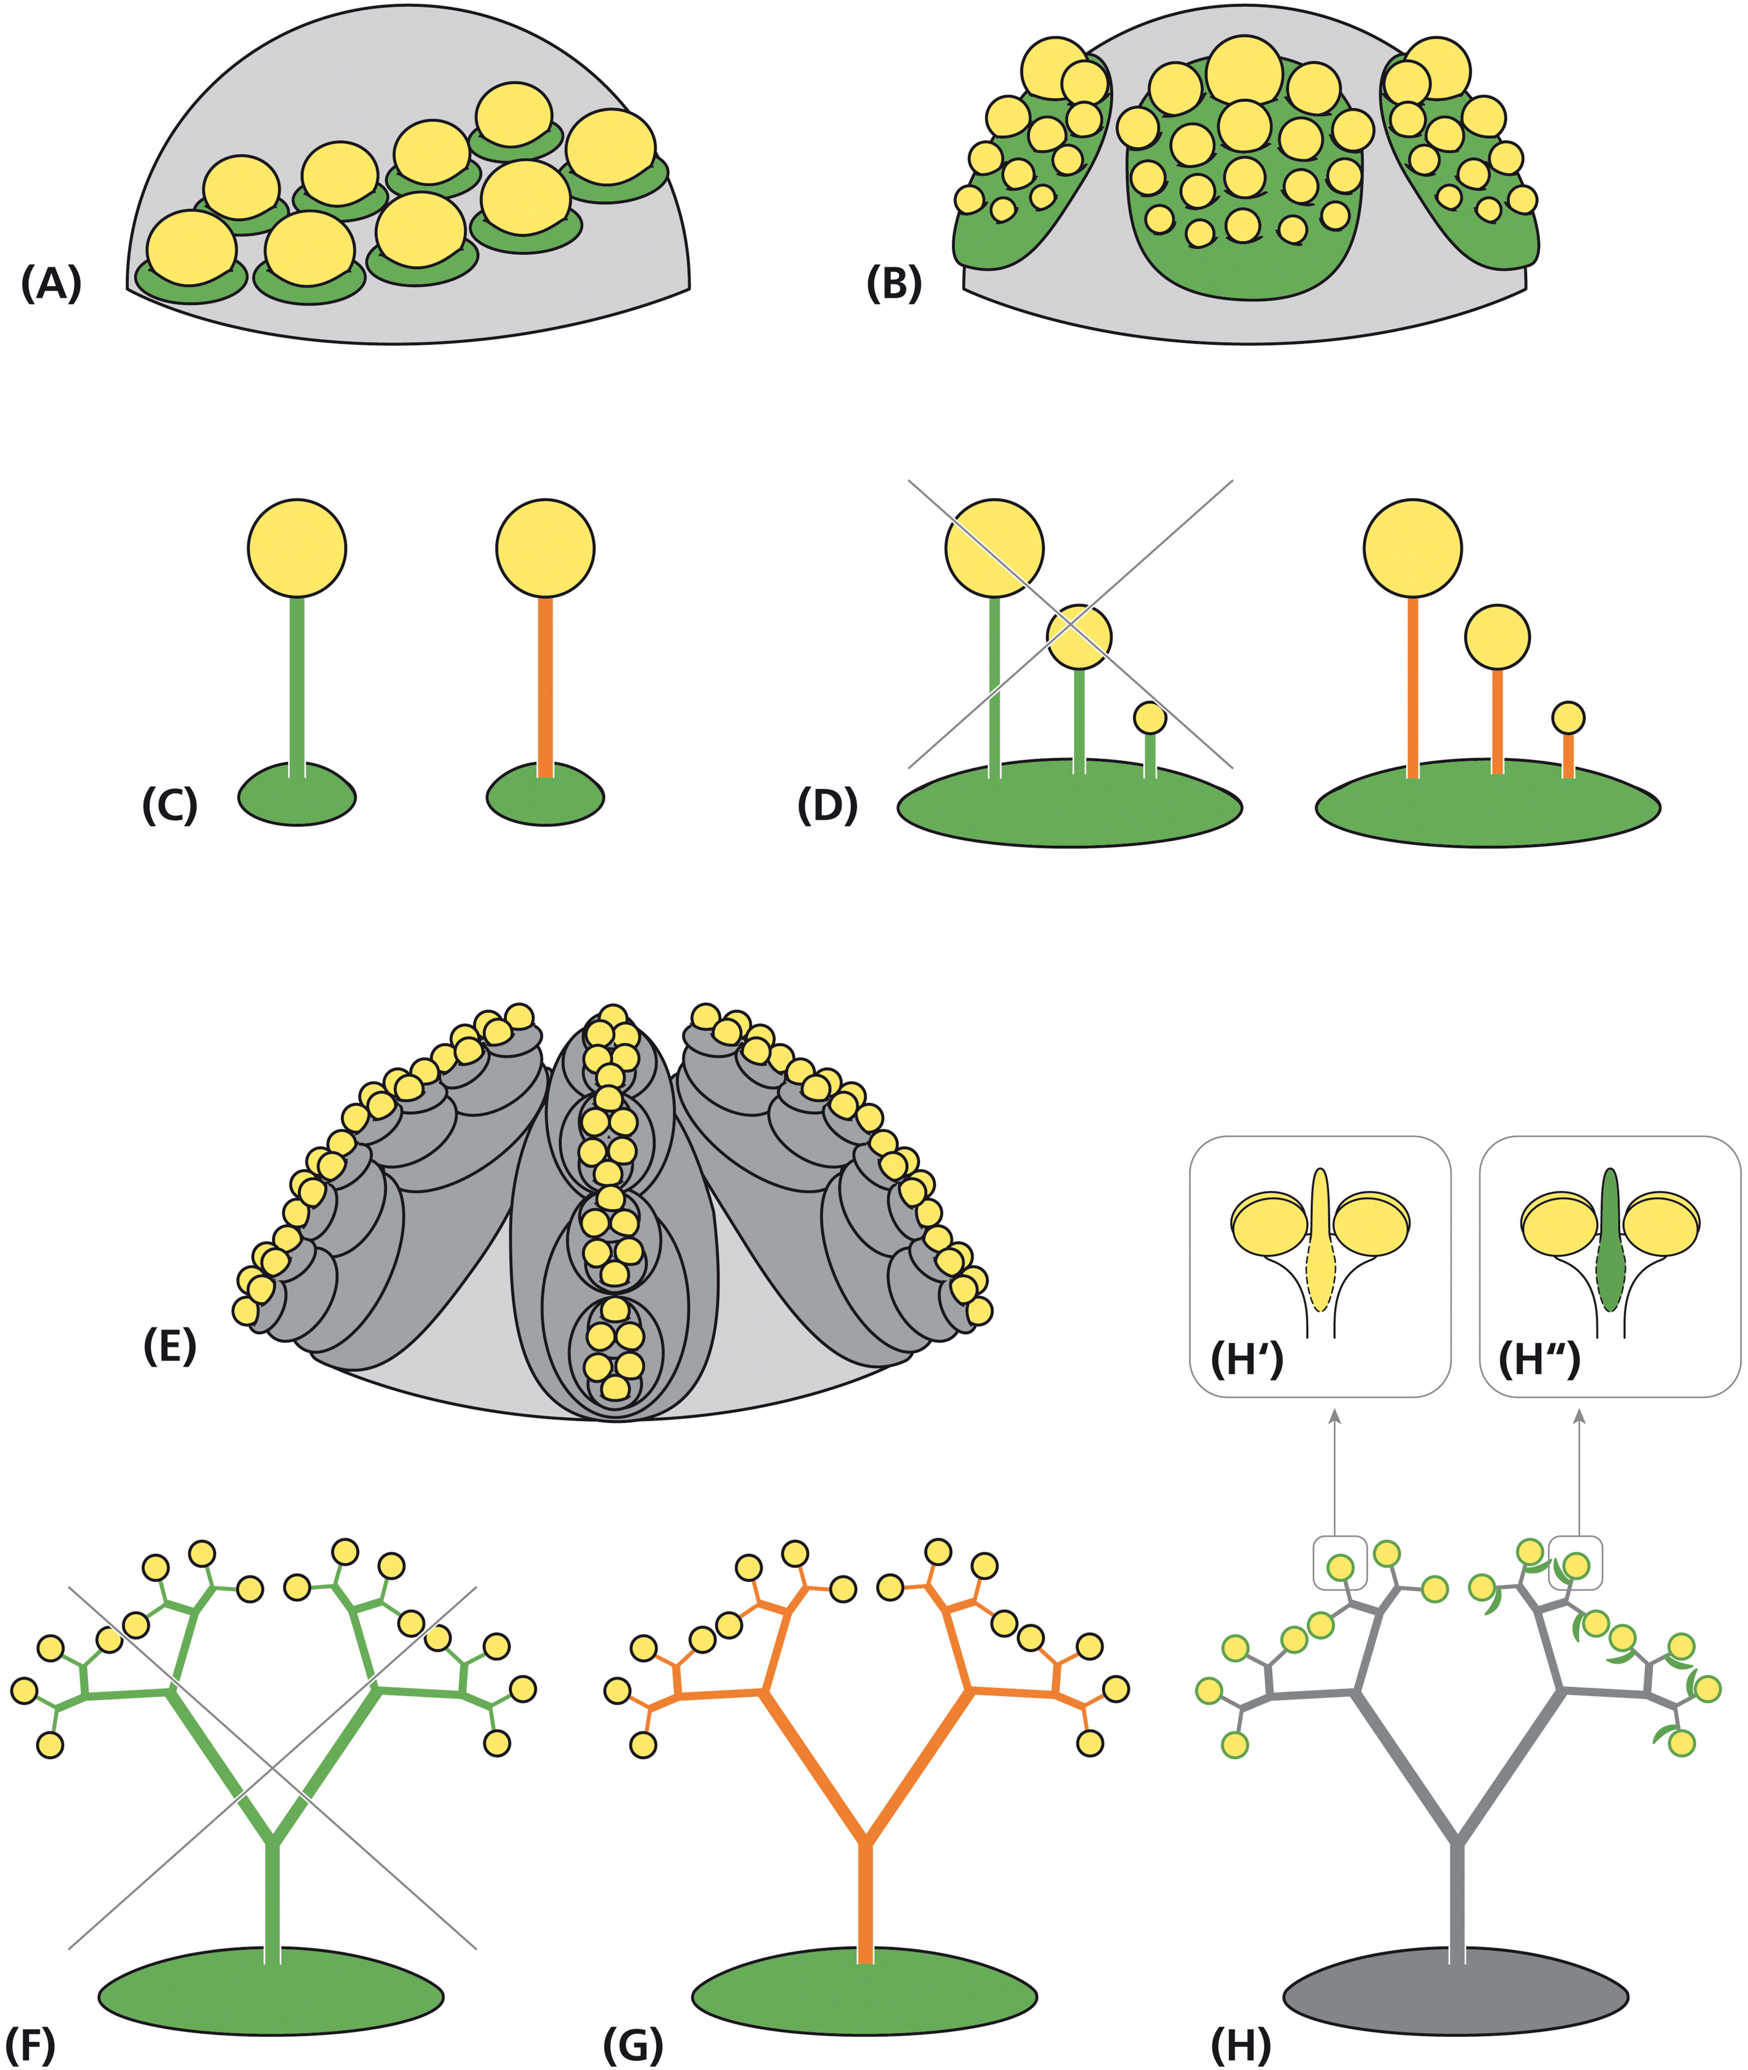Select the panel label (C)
point(169,806)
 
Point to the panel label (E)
point(169,1346)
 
